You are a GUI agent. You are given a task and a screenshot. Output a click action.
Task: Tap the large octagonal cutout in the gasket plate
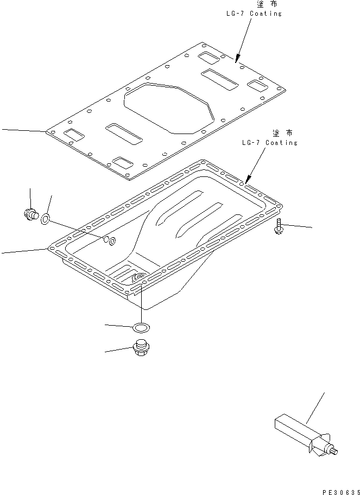pyautogui.click(x=169, y=107)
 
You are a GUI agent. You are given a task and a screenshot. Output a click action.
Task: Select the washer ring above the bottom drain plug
pyautogui.click(x=141, y=327)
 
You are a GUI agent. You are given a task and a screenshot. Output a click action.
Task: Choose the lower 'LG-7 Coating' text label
pyautogui.click(x=270, y=143)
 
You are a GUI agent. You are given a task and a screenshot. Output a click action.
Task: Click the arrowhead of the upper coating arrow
pyautogui.click(x=236, y=57)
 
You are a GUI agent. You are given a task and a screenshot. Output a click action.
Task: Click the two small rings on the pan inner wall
pyautogui.click(x=109, y=240)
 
